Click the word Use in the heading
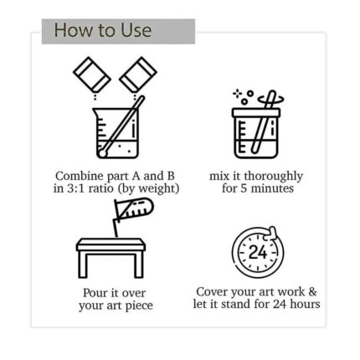point(136,30)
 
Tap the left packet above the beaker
point(92,75)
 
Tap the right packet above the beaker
point(138,75)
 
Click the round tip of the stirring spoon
point(102,152)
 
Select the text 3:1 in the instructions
point(76,188)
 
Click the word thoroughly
point(273,177)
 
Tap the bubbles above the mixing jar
point(244,97)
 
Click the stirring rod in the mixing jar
point(263,122)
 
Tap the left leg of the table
point(83,264)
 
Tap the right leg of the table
point(139,264)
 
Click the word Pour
point(95,293)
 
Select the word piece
point(139,306)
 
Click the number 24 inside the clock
point(258,252)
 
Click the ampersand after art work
point(312,292)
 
